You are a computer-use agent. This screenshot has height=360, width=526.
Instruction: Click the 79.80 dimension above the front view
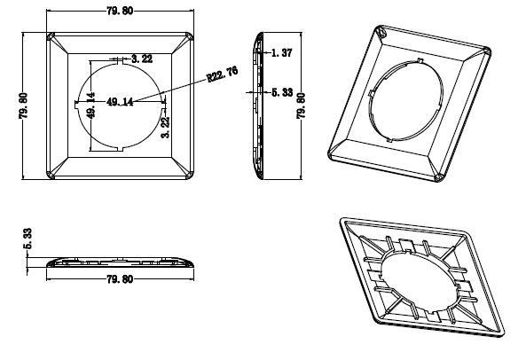pyautogui.click(x=120, y=11)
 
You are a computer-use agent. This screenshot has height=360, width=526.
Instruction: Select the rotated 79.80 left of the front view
pyautogui.click(x=23, y=106)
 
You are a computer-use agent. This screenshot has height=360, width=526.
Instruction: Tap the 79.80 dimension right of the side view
pyautogui.click(x=301, y=106)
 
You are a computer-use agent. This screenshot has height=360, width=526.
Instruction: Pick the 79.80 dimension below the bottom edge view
pyautogui.click(x=120, y=279)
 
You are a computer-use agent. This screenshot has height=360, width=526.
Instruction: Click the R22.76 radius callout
pyautogui.click(x=223, y=74)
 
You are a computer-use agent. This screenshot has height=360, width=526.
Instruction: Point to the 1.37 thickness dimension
pyautogui.click(x=281, y=52)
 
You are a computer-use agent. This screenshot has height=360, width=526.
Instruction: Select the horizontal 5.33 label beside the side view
pyautogui.click(x=282, y=92)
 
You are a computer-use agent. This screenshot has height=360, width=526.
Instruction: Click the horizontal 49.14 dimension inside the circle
pyautogui.click(x=120, y=102)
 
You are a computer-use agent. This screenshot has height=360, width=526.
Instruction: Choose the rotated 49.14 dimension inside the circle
pyautogui.click(x=90, y=106)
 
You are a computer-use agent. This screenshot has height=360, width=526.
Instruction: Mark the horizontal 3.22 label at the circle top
pyautogui.click(x=142, y=59)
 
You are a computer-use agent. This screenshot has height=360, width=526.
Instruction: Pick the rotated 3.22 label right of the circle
pyautogui.click(x=165, y=128)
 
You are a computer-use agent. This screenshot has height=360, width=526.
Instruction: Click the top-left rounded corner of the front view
pyautogui.click(x=51, y=36)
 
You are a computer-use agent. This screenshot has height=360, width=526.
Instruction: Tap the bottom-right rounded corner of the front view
pyautogui.click(x=190, y=176)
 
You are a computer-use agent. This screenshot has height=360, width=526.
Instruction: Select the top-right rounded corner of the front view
pyautogui.click(x=190, y=36)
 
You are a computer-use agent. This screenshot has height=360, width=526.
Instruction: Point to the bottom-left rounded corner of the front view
pyautogui.click(x=51, y=176)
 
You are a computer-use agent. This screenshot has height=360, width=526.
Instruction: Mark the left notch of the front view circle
pyautogui.click(x=75, y=106)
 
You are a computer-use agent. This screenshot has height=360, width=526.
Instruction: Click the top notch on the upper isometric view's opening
pyautogui.click(x=420, y=60)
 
